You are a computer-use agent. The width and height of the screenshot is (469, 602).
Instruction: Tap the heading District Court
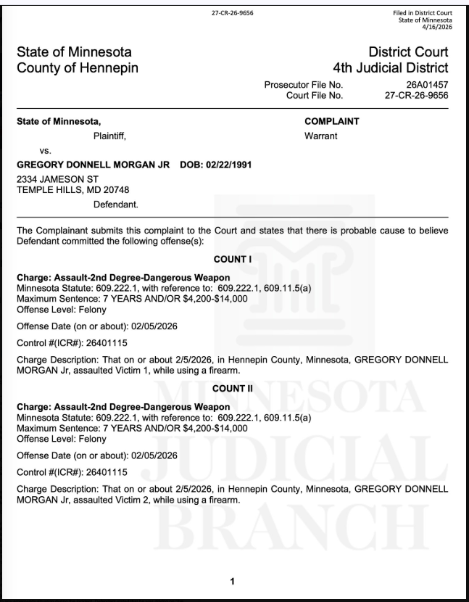click(x=409, y=52)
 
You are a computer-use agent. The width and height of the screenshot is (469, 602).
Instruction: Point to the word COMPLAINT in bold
click(x=333, y=121)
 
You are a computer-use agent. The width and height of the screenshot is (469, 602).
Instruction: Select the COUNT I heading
click(x=233, y=258)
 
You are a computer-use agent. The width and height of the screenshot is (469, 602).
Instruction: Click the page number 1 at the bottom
click(x=233, y=582)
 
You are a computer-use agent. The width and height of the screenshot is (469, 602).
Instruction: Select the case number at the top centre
click(x=233, y=12)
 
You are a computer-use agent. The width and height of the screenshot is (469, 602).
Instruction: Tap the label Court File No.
click(x=315, y=94)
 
